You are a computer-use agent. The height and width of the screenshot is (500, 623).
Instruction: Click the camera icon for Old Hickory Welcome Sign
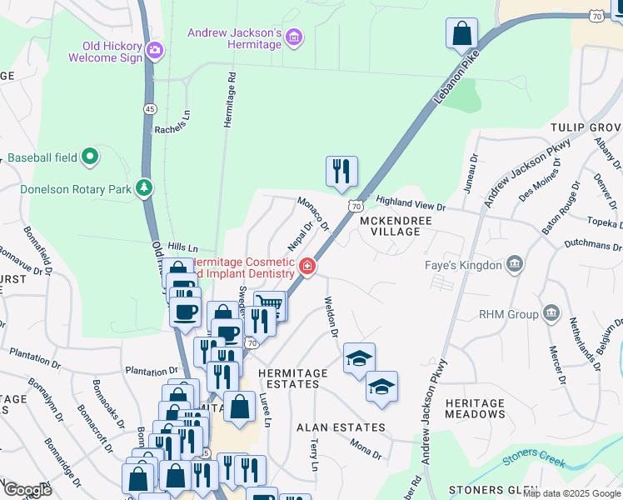point(153,52)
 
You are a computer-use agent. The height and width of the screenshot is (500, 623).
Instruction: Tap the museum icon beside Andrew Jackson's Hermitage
point(293,37)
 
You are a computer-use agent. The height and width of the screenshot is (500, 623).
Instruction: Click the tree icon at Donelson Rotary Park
point(145,188)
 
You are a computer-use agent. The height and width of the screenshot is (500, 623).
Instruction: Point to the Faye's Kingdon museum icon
point(515,265)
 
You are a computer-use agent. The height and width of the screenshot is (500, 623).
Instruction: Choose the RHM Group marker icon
point(551,314)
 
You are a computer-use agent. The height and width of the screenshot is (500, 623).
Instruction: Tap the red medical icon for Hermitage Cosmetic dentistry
point(307,266)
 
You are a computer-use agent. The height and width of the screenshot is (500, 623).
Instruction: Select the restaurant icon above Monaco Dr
point(341,171)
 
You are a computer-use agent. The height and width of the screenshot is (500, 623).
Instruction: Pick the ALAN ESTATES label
point(341,427)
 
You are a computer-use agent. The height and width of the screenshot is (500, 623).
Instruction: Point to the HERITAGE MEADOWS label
point(475,408)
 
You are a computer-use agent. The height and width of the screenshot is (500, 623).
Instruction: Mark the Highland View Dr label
point(411,202)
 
